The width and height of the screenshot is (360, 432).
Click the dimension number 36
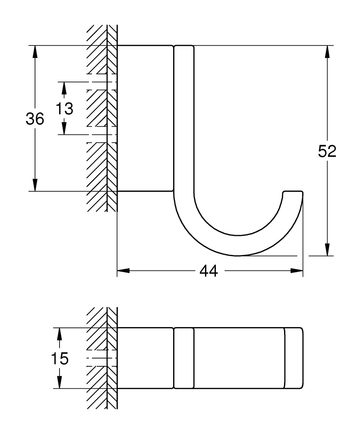click(x=35, y=119)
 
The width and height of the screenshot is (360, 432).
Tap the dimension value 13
click(x=64, y=108)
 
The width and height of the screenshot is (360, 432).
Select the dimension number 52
click(x=327, y=151)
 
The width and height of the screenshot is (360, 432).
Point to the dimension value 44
click(x=208, y=271)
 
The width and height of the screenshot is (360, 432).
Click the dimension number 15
click(x=59, y=359)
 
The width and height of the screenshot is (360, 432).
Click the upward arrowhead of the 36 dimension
click(x=35, y=51)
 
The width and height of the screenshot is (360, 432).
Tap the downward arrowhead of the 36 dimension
click(x=35, y=185)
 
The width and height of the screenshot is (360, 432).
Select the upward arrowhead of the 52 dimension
click(x=327, y=51)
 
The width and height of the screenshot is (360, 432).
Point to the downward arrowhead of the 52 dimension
click(x=327, y=250)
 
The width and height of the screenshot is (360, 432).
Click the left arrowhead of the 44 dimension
click(x=124, y=271)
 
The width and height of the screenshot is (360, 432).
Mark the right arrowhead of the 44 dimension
click(x=297, y=271)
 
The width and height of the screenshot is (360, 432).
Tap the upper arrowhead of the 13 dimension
click(x=64, y=88)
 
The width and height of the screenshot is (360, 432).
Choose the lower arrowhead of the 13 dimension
click(x=64, y=129)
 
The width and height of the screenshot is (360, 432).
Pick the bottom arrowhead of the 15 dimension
click(x=59, y=382)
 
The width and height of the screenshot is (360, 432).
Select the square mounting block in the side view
click(x=145, y=118)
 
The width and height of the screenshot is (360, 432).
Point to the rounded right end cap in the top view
click(x=294, y=358)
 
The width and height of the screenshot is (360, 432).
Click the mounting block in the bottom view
click(x=145, y=358)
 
